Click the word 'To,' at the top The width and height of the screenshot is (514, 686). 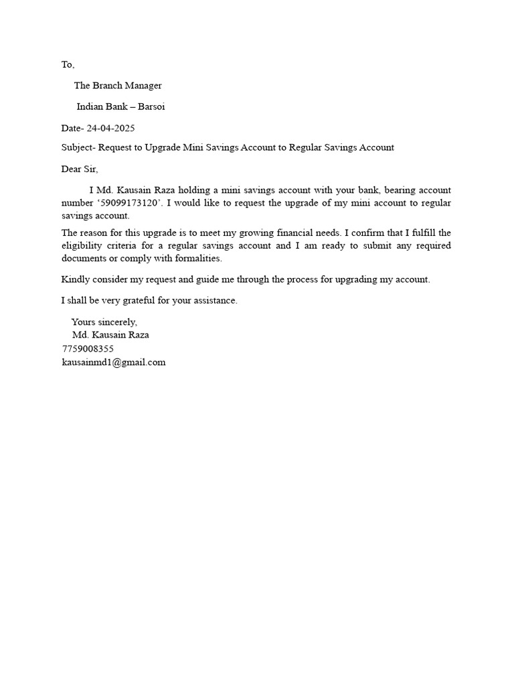pyautogui.click(x=68, y=65)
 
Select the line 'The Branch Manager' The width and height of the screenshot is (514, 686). pyautogui.click(x=118, y=86)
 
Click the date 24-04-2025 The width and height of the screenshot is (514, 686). pyautogui.click(x=110, y=128)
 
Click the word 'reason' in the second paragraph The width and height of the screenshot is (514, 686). pyautogui.click(x=95, y=233)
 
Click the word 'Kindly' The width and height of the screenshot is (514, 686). pyautogui.click(x=75, y=279)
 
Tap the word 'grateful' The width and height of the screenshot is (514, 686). pyautogui.click(x=137, y=301)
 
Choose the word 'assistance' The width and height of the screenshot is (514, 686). pyautogui.click(x=214, y=301)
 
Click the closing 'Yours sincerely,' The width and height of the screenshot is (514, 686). pyautogui.click(x=104, y=322)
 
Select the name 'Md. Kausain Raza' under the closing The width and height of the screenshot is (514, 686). pyautogui.click(x=110, y=335)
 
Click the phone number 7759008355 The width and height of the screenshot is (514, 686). pyautogui.click(x=88, y=349)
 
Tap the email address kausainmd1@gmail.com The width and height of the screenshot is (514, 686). pyautogui.click(x=113, y=362)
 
